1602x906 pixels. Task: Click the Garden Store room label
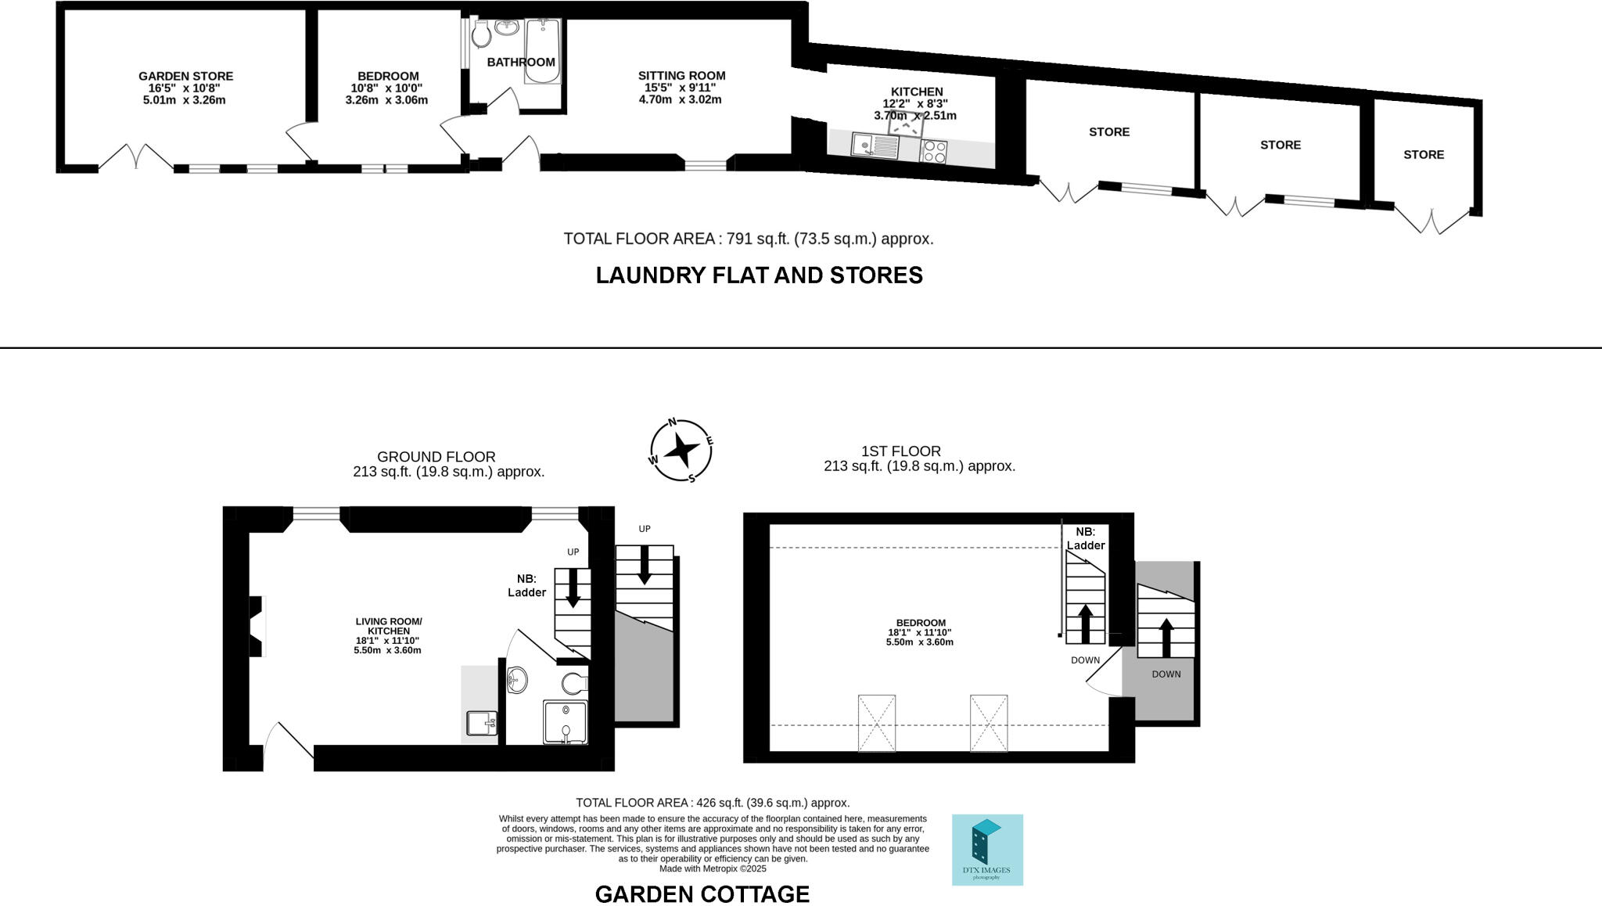click(x=185, y=77)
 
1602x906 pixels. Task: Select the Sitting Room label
click(x=681, y=76)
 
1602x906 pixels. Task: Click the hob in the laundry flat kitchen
click(x=934, y=151)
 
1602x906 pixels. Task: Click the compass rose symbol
click(x=681, y=451)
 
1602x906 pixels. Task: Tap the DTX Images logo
click(x=987, y=850)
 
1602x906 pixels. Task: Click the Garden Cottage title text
click(x=702, y=894)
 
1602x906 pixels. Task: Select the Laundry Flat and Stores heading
click(x=759, y=275)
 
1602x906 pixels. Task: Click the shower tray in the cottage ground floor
click(x=565, y=721)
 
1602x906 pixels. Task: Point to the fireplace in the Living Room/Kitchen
click(x=256, y=627)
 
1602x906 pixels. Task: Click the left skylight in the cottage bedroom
click(x=876, y=723)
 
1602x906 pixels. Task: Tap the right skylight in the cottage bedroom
click(x=989, y=723)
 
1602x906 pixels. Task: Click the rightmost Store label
click(x=1423, y=155)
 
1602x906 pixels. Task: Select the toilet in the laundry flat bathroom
click(x=480, y=34)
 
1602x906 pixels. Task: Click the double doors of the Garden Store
click(x=136, y=157)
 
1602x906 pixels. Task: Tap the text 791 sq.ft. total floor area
click(x=749, y=239)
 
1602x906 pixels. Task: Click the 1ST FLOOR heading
click(x=900, y=451)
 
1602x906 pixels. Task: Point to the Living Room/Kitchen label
click(x=388, y=626)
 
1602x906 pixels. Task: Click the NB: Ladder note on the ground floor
click(x=526, y=585)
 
